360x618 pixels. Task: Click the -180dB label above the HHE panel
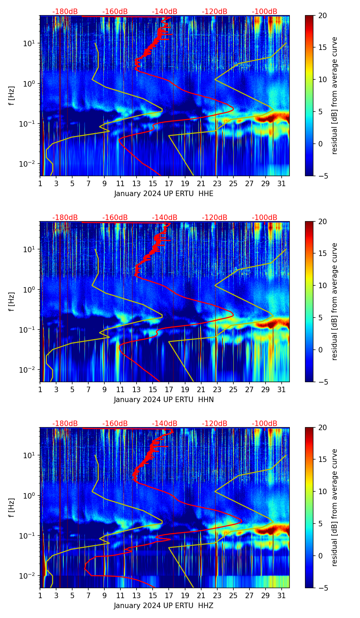65,12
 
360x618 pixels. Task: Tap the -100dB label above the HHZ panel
265,424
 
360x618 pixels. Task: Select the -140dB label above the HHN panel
165,218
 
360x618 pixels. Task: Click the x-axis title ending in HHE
164,194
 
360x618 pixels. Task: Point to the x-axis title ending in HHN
164,400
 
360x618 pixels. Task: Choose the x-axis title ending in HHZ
164,606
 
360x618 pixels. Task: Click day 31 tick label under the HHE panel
281,184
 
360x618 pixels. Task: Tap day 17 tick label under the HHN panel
169,390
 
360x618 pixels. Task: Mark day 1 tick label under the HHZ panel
40,596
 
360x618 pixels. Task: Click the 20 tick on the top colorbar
322,15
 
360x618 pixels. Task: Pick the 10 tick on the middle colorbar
322,285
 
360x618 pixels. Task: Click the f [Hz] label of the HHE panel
12,96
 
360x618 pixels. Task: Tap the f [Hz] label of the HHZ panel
12,508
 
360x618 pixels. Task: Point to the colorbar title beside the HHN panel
335,301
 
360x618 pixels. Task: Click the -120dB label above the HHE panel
215,12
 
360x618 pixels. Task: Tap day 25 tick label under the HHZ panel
233,596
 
